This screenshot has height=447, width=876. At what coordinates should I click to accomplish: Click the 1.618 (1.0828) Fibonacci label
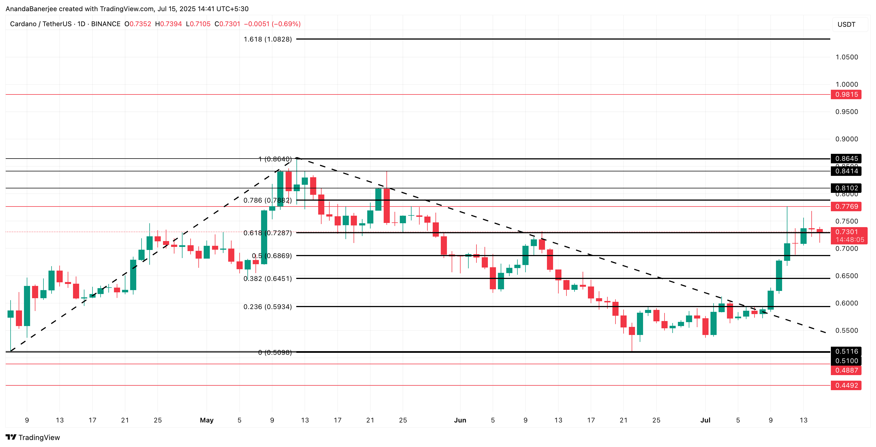(268, 40)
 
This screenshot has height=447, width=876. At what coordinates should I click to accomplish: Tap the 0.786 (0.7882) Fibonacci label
(268, 200)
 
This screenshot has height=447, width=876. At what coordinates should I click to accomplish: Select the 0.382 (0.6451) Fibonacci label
(268, 279)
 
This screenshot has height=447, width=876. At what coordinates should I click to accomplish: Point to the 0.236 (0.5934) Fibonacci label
(268, 307)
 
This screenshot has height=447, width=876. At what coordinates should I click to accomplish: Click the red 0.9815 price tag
(846, 94)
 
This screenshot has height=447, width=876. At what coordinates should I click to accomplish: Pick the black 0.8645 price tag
(846, 159)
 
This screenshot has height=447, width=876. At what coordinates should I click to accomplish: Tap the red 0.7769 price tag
(846, 207)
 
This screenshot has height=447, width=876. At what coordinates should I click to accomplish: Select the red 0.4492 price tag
(846, 385)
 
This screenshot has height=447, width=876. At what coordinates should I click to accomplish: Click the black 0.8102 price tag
(846, 188)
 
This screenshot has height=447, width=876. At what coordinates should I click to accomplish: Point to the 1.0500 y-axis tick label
(847, 57)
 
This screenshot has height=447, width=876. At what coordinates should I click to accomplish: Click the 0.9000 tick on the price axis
(847, 139)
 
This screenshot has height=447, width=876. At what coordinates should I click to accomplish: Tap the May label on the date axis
(207, 420)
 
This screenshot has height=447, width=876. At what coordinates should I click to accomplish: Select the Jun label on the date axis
(460, 420)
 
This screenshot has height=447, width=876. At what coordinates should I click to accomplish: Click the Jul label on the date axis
(705, 420)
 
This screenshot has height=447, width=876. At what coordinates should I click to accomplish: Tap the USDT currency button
(846, 25)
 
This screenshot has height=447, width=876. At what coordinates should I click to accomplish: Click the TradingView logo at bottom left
(33, 438)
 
